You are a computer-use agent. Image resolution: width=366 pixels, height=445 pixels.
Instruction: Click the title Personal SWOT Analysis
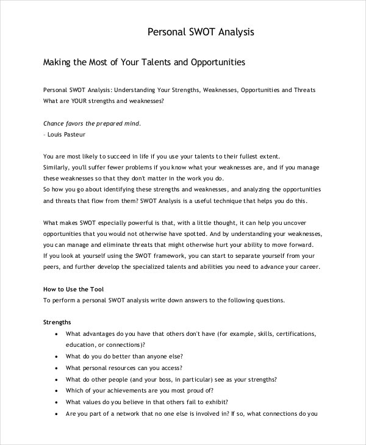201,32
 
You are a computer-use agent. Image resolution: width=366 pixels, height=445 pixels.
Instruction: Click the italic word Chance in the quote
56,123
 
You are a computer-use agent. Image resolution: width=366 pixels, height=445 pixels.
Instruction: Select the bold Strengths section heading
57,322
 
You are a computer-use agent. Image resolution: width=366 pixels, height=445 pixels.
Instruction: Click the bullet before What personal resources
56,368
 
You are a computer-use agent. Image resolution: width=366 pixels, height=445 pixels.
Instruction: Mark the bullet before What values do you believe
56,402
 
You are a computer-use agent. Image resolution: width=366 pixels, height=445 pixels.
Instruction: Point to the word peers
52,267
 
